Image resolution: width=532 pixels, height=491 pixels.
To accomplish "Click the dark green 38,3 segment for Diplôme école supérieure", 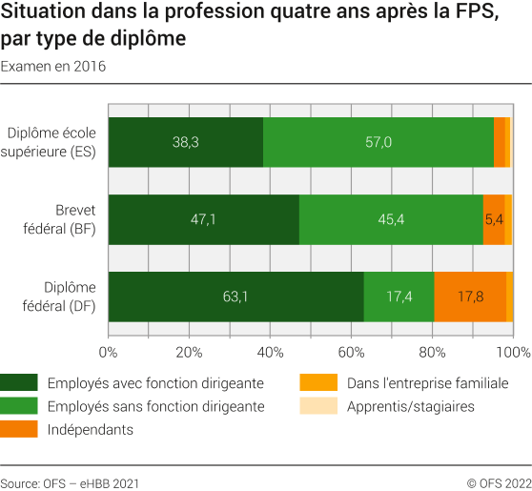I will pos(186,142).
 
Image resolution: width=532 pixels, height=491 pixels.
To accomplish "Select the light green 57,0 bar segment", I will pos(378,142).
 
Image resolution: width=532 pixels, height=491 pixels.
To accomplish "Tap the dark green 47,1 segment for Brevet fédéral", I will pos(203,219).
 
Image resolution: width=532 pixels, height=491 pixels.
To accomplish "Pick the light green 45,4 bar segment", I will pos(391,219).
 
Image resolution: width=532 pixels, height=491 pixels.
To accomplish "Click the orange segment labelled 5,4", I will pos(494,219).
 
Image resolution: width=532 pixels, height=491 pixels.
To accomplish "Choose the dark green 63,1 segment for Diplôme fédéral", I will pos(235,297).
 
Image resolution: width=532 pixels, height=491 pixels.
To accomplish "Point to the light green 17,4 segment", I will pos(399,297).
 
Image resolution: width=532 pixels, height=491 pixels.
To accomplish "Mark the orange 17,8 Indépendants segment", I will pos(470,297).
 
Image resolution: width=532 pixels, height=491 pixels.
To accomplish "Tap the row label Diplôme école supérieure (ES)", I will pos(57,142).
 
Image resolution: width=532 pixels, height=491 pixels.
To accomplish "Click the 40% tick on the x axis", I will pos(271,353).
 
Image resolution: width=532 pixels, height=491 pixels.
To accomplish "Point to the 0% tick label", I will pos(108,353).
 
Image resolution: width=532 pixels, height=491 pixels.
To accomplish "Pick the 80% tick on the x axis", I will pos(433,353).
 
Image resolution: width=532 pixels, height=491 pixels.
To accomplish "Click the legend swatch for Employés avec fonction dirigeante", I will pos(19,383).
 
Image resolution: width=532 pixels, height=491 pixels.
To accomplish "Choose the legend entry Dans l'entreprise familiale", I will pos(427,383).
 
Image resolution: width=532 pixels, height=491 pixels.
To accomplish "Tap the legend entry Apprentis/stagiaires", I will pos(410,407).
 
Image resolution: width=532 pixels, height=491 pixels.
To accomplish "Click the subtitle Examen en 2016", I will pos(53,67).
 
